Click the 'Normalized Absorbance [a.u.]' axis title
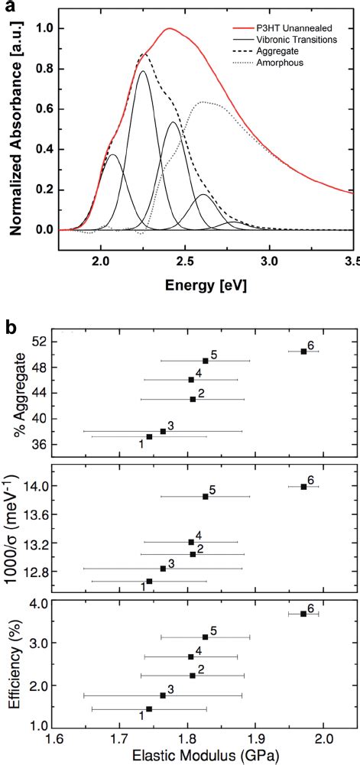[x=12, y=128]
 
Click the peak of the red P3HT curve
[x=169, y=29]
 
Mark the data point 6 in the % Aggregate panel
[x=303, y=351]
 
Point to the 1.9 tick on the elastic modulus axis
[x=256, y=741]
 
